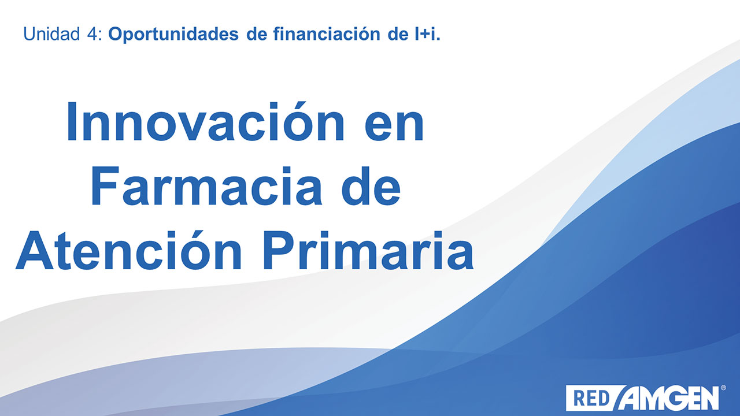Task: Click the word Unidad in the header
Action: (51, 34)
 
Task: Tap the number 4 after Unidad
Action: (92, 34)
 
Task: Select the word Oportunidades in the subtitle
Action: (173, 35)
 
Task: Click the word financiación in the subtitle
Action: (327, 34)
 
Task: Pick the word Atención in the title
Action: (129, 250)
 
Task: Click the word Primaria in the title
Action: (368, 250)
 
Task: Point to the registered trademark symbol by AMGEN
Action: (723, 388)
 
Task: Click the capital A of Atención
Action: (34, 250)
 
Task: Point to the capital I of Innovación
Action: (72, 121)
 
